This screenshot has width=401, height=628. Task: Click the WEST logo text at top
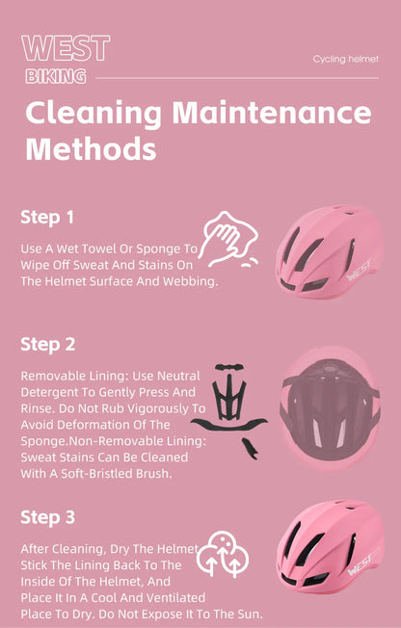click(x=66, y=48)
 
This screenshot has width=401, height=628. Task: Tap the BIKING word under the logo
click(x=56, y=76)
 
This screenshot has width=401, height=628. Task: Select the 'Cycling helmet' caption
click(x=346, y=60)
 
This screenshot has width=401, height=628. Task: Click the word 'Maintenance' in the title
click(x=272, y=113)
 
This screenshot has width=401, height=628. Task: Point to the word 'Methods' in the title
click(x=91, y=148)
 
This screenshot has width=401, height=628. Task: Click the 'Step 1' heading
click(x=47, y=218)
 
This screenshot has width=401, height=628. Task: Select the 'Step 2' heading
click(x=48, y=345)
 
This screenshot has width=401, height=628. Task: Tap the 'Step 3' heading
click(x=48, y=517)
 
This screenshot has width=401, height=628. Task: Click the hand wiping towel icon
click(x=228, y=240)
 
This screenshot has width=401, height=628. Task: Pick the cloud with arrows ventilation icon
click(x=223, y=554)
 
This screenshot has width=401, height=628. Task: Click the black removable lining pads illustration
click(x=229, y=410)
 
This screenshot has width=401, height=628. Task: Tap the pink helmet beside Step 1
click(x=329, y=252)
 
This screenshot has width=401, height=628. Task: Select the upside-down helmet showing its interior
click(x=330, y=408)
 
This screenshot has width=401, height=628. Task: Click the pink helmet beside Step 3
click(x=330, y=547)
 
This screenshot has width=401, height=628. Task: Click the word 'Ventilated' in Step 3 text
click(x=174, y=597)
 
